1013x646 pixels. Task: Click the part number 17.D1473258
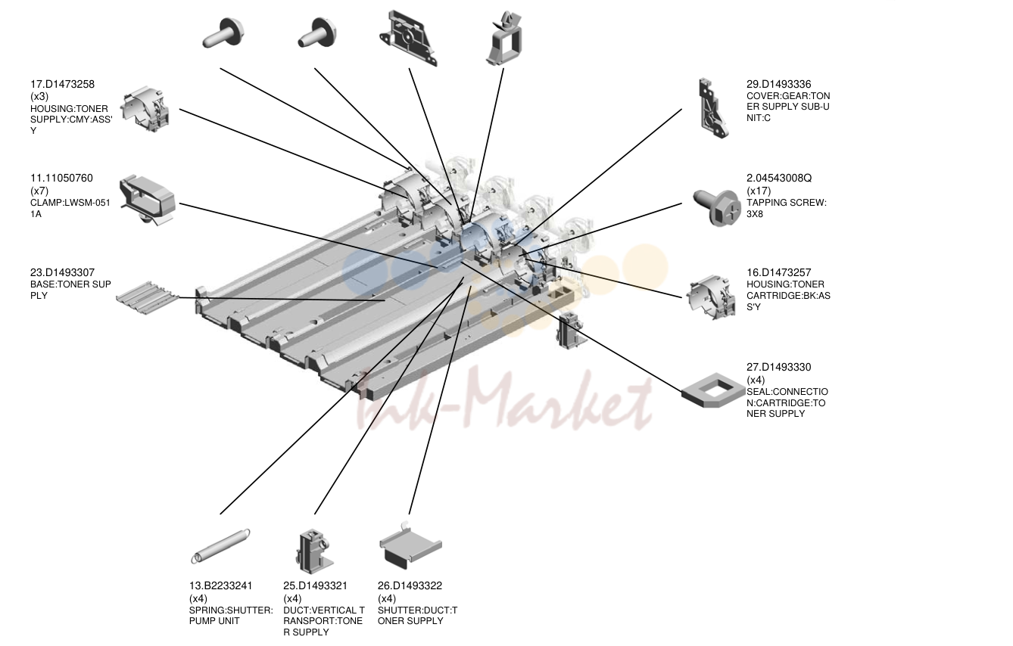62,85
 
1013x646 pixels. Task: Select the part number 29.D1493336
779,85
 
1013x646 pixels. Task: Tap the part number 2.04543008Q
779,179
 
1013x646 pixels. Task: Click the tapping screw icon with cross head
718,207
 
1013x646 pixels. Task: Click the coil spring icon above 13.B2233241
220,546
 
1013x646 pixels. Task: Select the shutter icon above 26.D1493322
410,546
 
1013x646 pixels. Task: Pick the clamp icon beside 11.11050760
147,200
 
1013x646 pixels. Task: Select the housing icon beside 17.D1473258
145,110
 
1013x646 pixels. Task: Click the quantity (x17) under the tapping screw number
759,191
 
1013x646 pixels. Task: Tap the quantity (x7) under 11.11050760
39,191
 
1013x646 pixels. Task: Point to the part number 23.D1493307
62,273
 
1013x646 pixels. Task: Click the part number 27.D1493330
779,368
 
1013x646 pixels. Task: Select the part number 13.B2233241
220,586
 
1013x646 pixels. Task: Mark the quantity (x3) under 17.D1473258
39,97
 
